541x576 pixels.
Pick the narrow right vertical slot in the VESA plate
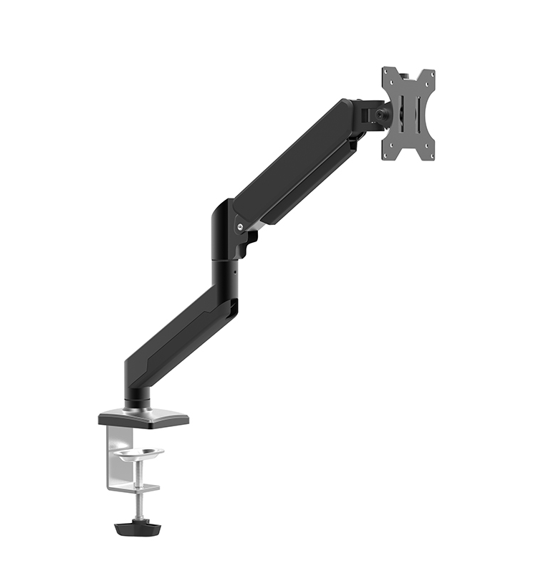(418, 115)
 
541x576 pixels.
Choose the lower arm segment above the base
(179, 333)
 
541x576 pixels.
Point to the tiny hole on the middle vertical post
(230, 272)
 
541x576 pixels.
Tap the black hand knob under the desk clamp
(138, 527)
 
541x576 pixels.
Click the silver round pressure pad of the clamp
(139, 453)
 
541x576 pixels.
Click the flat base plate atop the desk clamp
(143, 418)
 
